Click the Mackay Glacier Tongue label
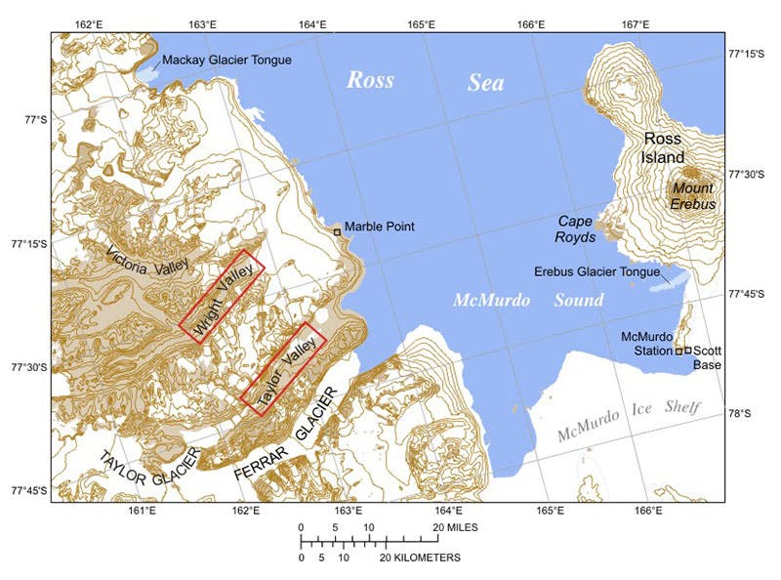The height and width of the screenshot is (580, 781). [x=226, y=61]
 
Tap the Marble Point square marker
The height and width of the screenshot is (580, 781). [x=338, y=231]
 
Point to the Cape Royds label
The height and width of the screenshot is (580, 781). [x=577, y=228]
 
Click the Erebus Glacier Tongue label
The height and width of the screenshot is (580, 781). [x=597, y=271]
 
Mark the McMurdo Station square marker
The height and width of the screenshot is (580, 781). [x=678, y=351]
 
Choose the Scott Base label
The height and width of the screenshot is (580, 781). [x=706, y=357]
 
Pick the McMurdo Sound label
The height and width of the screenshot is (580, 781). [x=528, y=301]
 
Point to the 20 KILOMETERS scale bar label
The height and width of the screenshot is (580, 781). [x=420, y=558]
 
